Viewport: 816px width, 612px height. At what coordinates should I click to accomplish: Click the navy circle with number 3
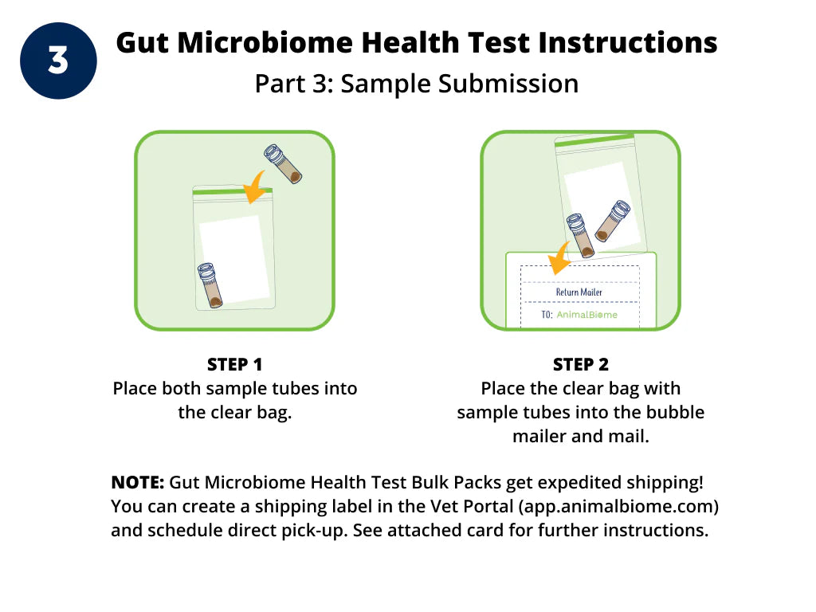(x=58, y=61)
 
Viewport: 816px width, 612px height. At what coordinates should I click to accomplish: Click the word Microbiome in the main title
(x=265, y=43)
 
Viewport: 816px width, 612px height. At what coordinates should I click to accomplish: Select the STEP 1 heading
(x=235, y=364)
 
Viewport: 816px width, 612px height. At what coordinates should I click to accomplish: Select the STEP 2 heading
(x=581, y=364)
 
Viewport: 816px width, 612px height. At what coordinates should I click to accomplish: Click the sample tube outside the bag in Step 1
(x=283, y=164)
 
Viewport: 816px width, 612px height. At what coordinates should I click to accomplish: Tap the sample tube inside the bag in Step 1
(x=210, y=285)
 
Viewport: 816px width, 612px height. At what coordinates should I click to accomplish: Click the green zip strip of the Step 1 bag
(x=232, y=191)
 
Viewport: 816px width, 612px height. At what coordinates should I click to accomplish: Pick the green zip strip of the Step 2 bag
(x=594, y=140)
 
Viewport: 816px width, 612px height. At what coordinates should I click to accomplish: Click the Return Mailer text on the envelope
(x=579, y=292)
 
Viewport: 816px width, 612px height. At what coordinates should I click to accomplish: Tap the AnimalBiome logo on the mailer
(x=587, y=314)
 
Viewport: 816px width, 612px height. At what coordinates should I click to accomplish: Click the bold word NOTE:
(x=138, y=482)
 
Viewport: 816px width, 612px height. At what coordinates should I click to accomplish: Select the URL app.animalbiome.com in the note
(x=619, y=506)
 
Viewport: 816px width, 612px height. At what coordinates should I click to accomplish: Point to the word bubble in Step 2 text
(x=675, y=412)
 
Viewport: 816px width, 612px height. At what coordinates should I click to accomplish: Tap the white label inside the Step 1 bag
(x=235, y=260)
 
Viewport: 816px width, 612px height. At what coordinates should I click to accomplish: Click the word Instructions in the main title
(x=628, y=43)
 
